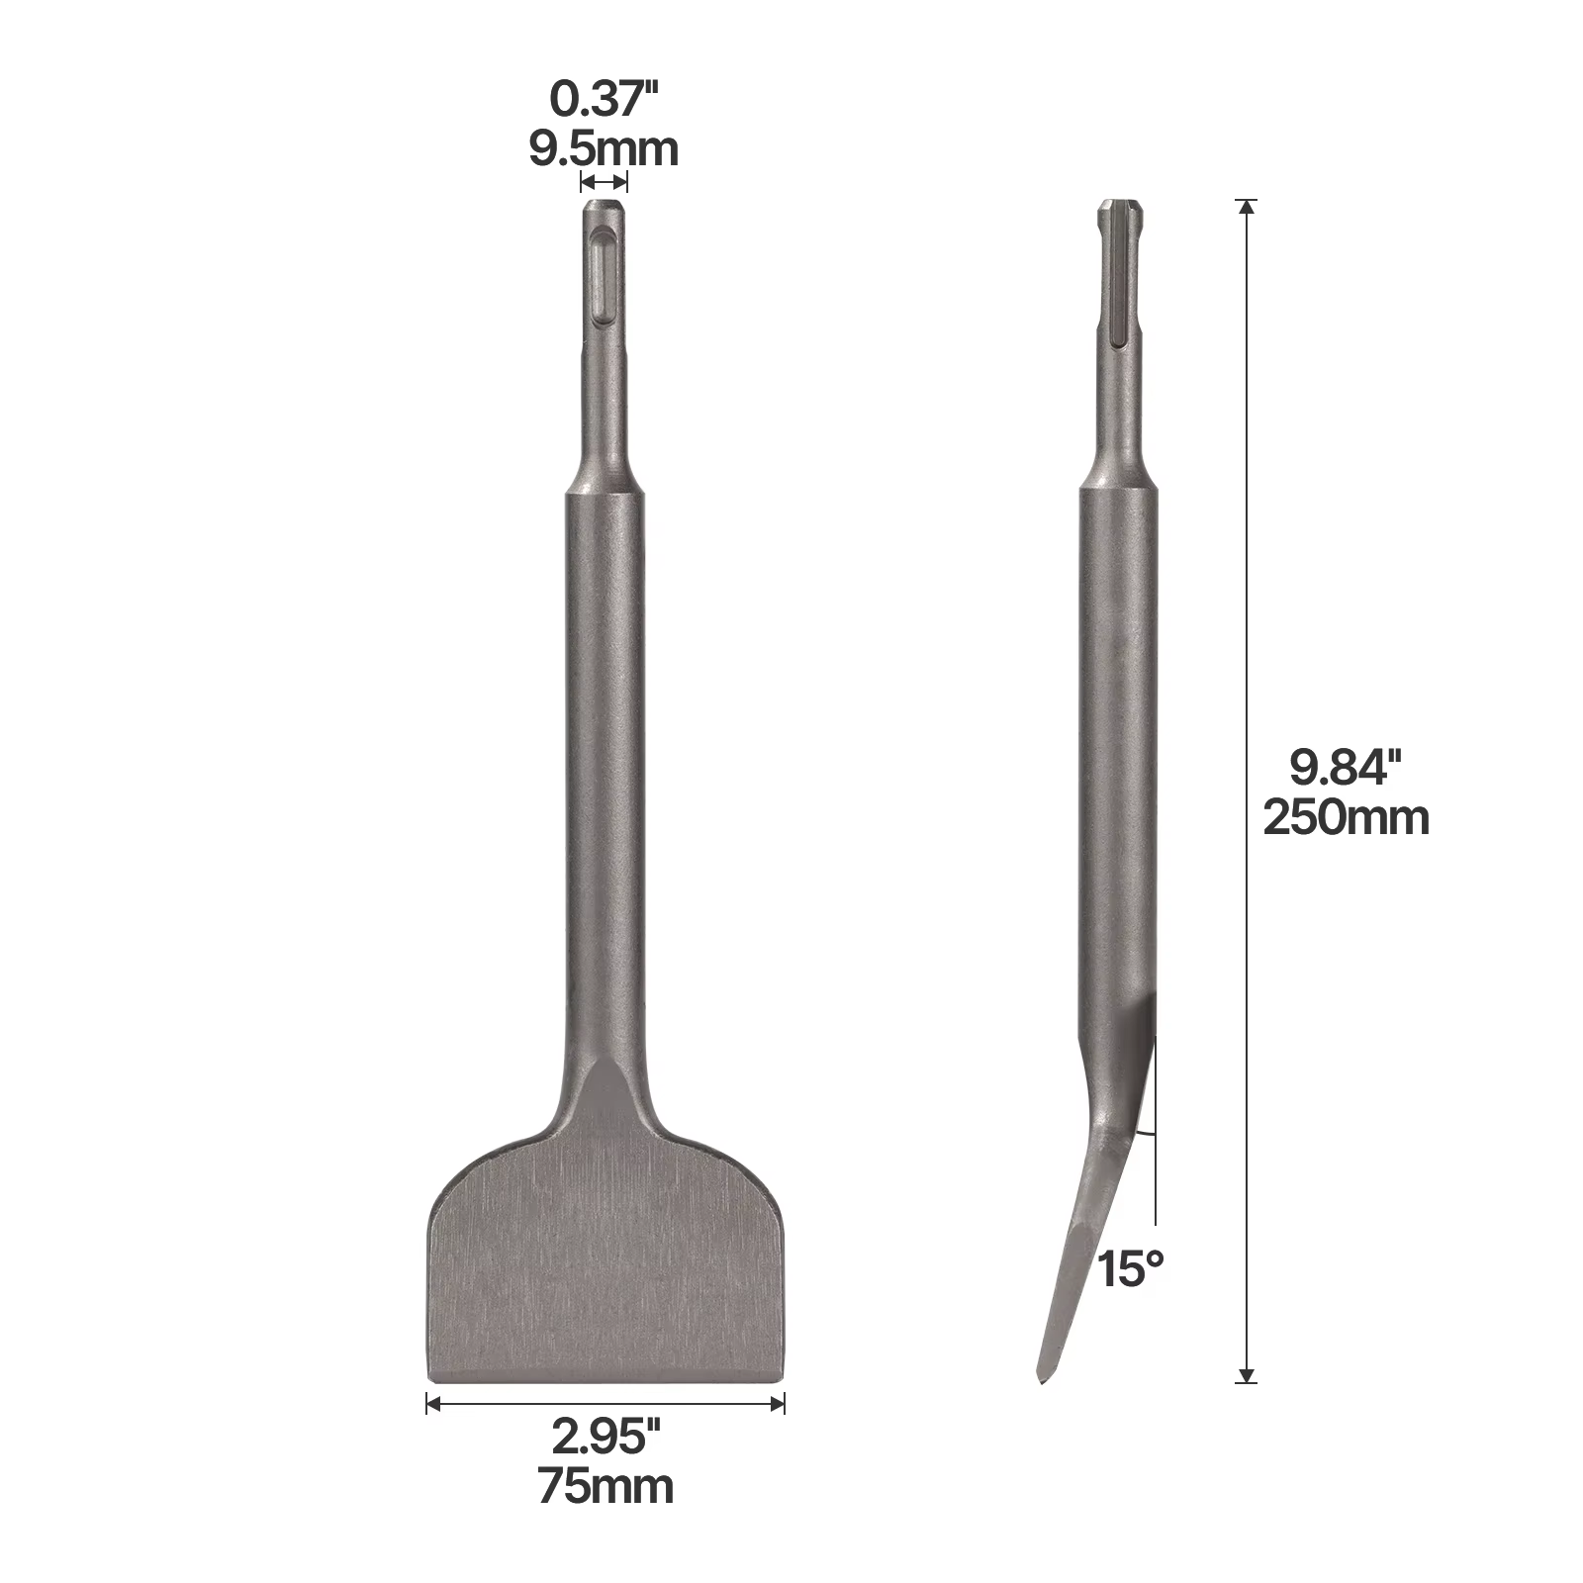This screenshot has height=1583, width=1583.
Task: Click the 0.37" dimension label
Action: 604,100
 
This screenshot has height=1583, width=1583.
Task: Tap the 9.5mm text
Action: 604,149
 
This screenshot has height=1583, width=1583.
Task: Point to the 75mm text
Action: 605,1487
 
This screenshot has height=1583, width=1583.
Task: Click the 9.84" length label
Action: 1347,768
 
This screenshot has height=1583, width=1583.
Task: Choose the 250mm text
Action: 1347,818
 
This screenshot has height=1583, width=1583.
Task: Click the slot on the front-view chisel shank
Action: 603,276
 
